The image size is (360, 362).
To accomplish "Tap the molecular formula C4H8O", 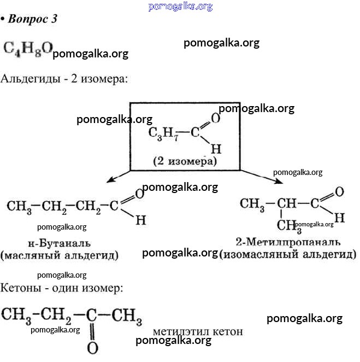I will point(27,49).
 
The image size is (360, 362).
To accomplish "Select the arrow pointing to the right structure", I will point(257,176).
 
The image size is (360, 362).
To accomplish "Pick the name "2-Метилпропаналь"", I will point(288,242).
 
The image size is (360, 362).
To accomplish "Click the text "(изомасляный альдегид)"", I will point(288,254).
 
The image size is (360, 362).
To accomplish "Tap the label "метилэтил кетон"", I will point(198,331).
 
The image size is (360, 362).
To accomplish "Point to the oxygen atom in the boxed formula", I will point(215,118).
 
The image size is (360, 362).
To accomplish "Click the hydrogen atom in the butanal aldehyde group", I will point(140,220).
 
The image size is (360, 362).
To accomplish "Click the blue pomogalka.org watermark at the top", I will point(180,7).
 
